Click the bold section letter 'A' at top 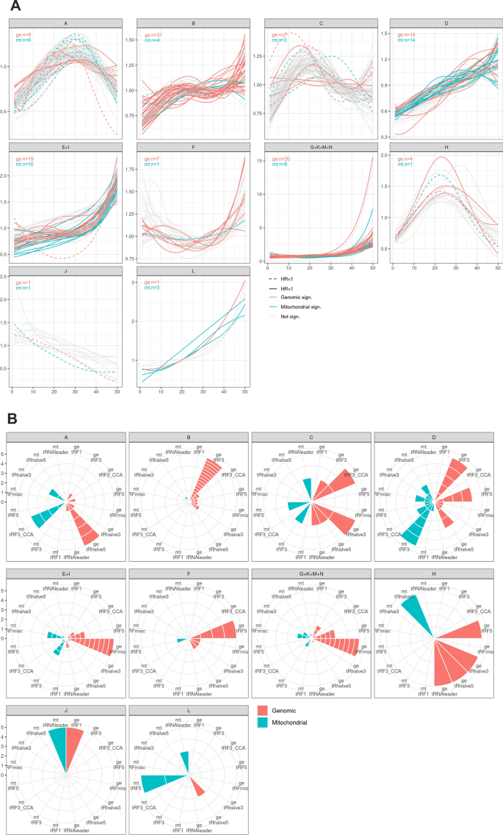coord(14,7)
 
